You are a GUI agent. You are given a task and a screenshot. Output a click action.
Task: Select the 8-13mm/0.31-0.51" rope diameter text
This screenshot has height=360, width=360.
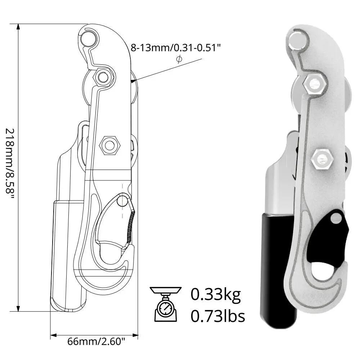pyautogui.click(x=175, y=48)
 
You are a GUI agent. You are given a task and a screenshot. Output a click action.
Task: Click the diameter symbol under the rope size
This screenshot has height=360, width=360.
pyautogui.click(x=179, y=59)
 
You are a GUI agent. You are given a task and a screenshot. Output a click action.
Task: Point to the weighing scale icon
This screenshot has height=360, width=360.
pyautogui.click(x=165, y=304)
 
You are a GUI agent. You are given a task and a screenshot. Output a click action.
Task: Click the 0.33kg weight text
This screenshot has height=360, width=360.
pyautogui.click(x=215, y=294)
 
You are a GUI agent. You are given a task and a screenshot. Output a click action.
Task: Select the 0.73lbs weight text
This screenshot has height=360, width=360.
pyautogui.click(x=217, y=316)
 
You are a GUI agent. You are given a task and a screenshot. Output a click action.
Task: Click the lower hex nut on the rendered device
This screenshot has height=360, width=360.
pyautogui.click(x=321, y=158)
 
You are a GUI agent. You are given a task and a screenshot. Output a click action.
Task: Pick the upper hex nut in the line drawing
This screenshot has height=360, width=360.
pyautogui.click(x=103, y=77)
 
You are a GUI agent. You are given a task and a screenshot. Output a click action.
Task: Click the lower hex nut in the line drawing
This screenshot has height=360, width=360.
pyautogui.click(x=109, y=145)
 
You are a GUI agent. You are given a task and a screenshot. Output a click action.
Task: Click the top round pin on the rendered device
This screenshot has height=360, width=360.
pyautogui.click(x=297, y=39)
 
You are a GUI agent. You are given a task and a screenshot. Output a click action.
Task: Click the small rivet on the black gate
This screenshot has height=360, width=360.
pyautogui.click(x=336, y=217)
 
